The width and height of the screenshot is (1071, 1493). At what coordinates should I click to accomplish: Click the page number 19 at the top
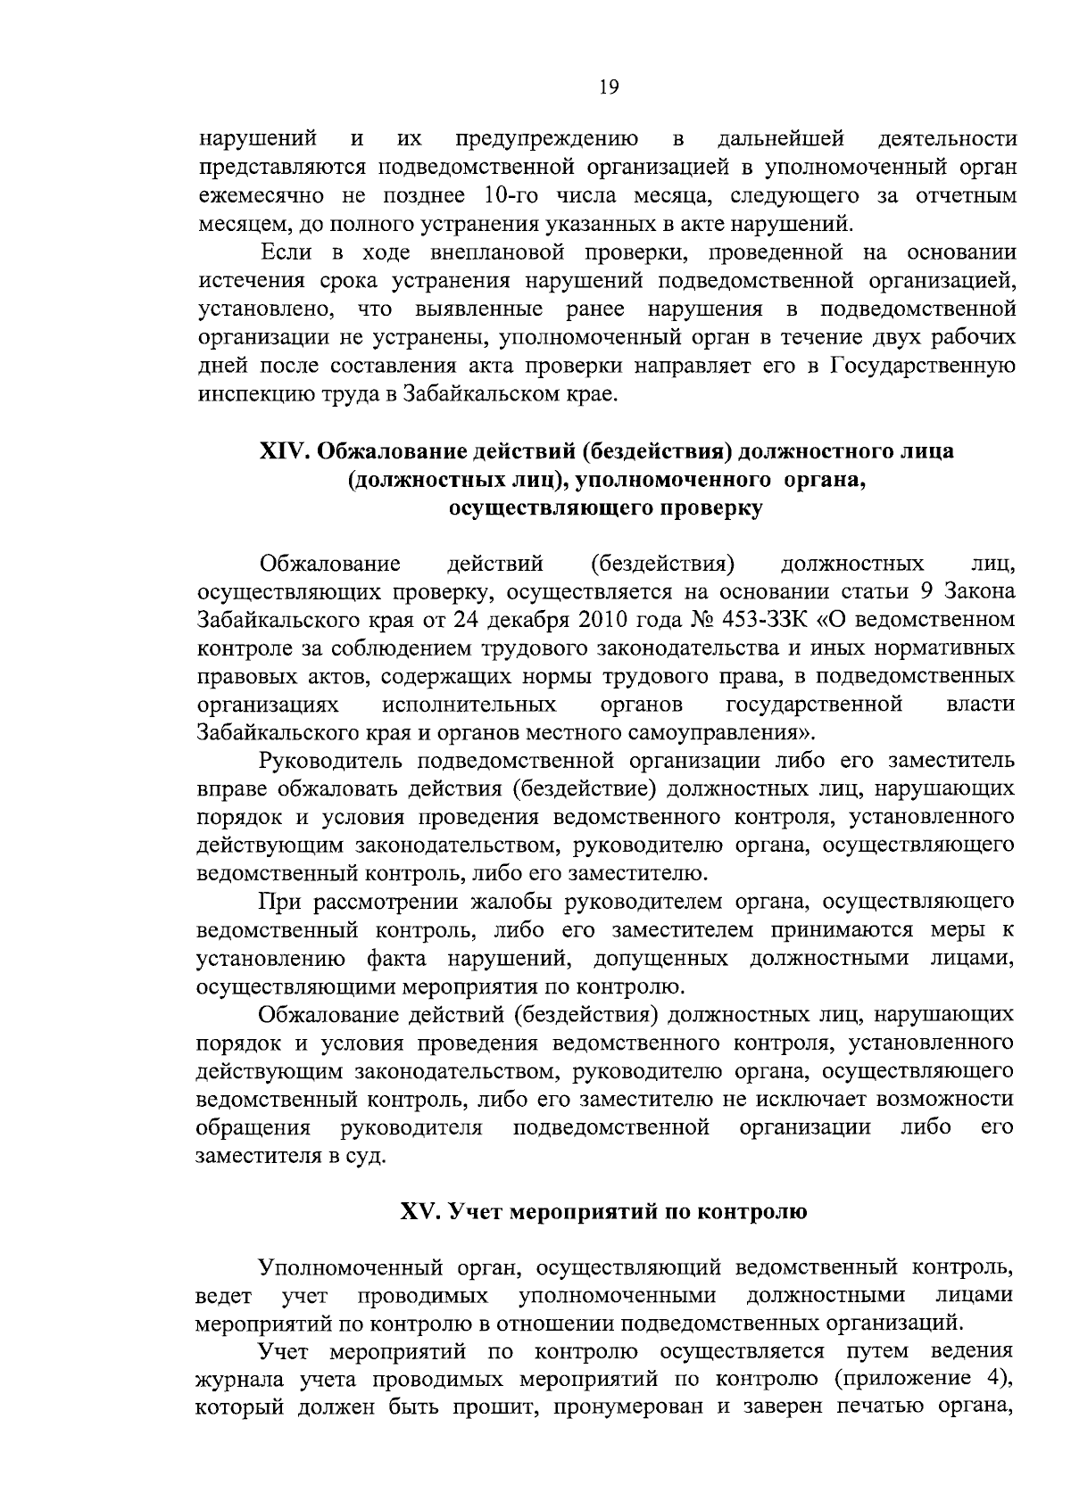click(610, 87)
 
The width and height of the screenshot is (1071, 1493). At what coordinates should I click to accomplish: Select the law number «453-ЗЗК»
click(767, 619)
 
